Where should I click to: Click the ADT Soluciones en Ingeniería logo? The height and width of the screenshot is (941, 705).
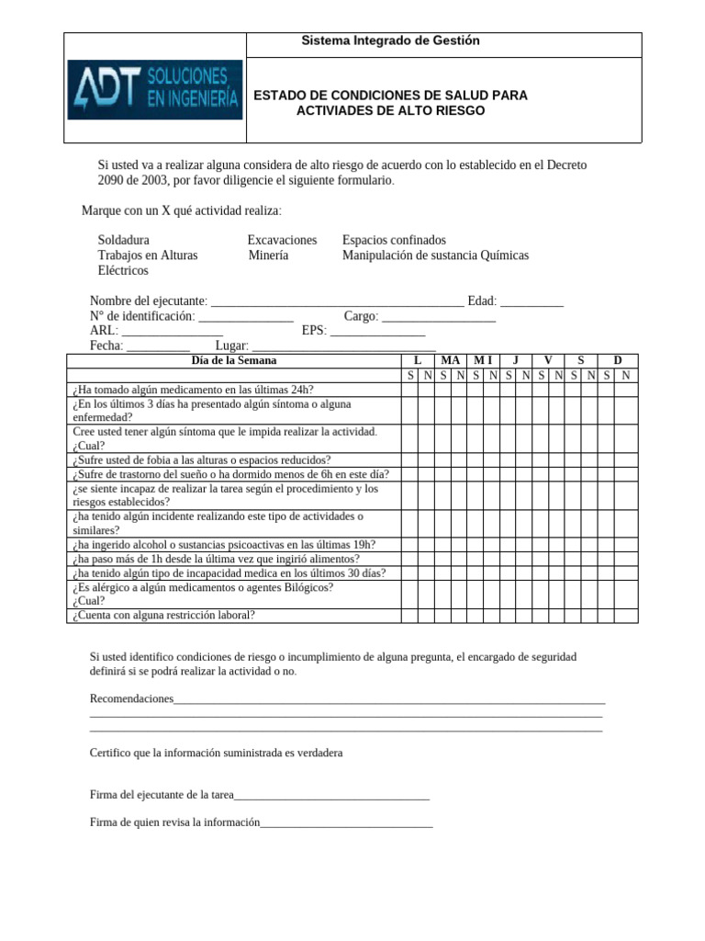[155, 90]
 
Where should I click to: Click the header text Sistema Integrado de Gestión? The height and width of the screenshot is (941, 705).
[391, 41]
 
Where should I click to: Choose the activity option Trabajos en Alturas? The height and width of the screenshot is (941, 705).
[148, 255]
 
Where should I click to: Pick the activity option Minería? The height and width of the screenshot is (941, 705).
[268, 255]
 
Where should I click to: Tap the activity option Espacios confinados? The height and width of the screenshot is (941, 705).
[394, 240]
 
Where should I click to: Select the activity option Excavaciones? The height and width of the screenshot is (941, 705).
[282, 240]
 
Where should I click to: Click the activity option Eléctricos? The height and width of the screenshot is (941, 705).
[123, 271]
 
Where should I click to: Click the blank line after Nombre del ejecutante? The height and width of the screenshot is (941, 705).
[337, 302]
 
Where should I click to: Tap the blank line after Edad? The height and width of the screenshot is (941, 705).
[532, 302]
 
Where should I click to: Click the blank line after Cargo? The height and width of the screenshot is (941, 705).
[439, 317]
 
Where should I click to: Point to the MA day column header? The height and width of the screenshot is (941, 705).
[451, 360]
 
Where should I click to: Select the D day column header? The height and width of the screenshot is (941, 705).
[618, 360]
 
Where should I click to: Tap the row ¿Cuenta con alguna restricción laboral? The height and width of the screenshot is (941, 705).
[163, 616]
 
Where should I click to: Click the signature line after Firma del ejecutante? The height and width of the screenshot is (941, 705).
[332, 796]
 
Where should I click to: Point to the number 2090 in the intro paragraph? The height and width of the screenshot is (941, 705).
[115, 180]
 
